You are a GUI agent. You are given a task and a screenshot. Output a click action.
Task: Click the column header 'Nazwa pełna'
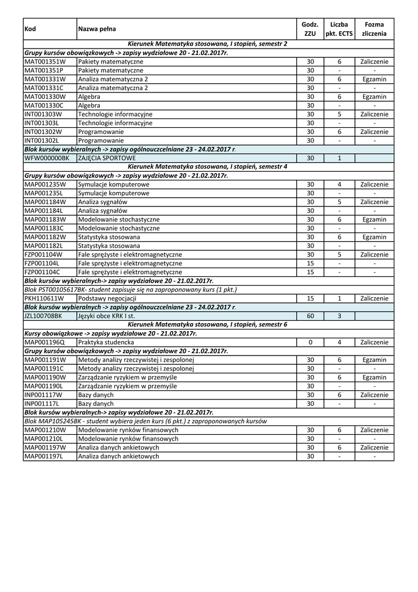coord(96,29)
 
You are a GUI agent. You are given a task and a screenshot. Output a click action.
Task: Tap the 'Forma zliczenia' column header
coord(374,29)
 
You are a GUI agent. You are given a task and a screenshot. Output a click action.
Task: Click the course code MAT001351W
coord(45,61)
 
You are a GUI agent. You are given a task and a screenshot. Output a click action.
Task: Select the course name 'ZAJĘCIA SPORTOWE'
coord(107,158)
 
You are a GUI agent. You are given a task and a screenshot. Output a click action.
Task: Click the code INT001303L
coord(42,123)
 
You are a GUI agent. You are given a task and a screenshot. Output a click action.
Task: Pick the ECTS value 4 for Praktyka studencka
coord(339,342)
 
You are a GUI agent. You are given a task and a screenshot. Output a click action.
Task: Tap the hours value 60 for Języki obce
coord(310,316)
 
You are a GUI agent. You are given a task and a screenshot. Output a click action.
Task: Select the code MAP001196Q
coord(44,342)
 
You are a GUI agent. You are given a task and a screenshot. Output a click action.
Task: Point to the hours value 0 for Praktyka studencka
coord(310,342)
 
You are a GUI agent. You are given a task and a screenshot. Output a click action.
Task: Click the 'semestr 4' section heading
coord(207,166)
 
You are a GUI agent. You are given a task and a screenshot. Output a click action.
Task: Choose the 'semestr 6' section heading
coord(207,325)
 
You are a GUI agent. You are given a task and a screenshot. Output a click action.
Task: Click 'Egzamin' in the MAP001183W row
coord(374,219)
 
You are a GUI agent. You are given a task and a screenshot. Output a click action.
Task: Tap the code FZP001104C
coord(42,272)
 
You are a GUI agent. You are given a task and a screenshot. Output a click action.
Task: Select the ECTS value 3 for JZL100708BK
coord(339,316)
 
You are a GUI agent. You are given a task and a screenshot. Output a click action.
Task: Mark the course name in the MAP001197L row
coord(118,456)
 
